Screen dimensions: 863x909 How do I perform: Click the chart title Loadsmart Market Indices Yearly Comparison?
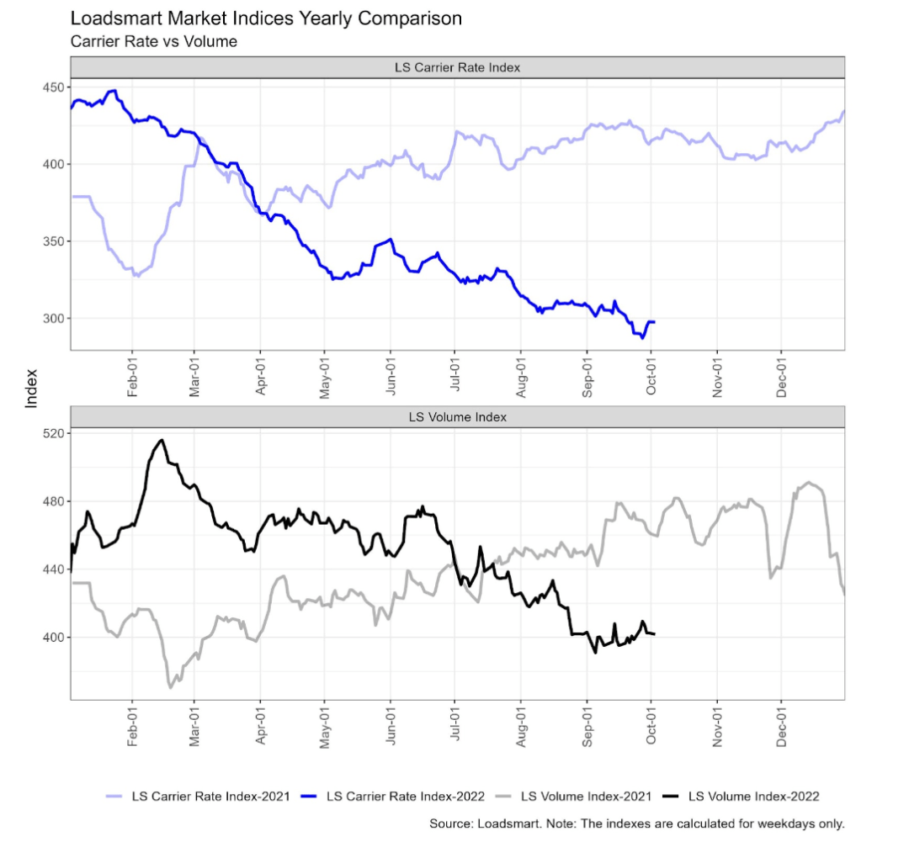coord(266,18)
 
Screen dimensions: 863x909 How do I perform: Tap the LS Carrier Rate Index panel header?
coord(457,67)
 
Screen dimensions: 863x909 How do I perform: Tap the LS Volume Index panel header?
coord(457,416)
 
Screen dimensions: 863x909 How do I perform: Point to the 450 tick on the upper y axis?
coord(54,87)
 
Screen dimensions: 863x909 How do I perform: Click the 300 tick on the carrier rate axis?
coord(54,318)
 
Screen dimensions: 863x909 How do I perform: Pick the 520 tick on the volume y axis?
coord(54,433)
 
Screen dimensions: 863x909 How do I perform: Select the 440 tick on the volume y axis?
coord(54,569)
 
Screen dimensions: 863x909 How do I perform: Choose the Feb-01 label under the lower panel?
coord(132,725)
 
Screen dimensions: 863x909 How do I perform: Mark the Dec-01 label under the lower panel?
coord(781,725)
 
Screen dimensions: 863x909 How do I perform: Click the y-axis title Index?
coord(32,388)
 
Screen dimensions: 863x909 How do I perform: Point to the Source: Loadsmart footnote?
coord(637,823)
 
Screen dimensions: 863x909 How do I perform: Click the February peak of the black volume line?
coord(162,440)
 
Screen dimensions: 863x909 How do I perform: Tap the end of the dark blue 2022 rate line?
coord(655,322)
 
